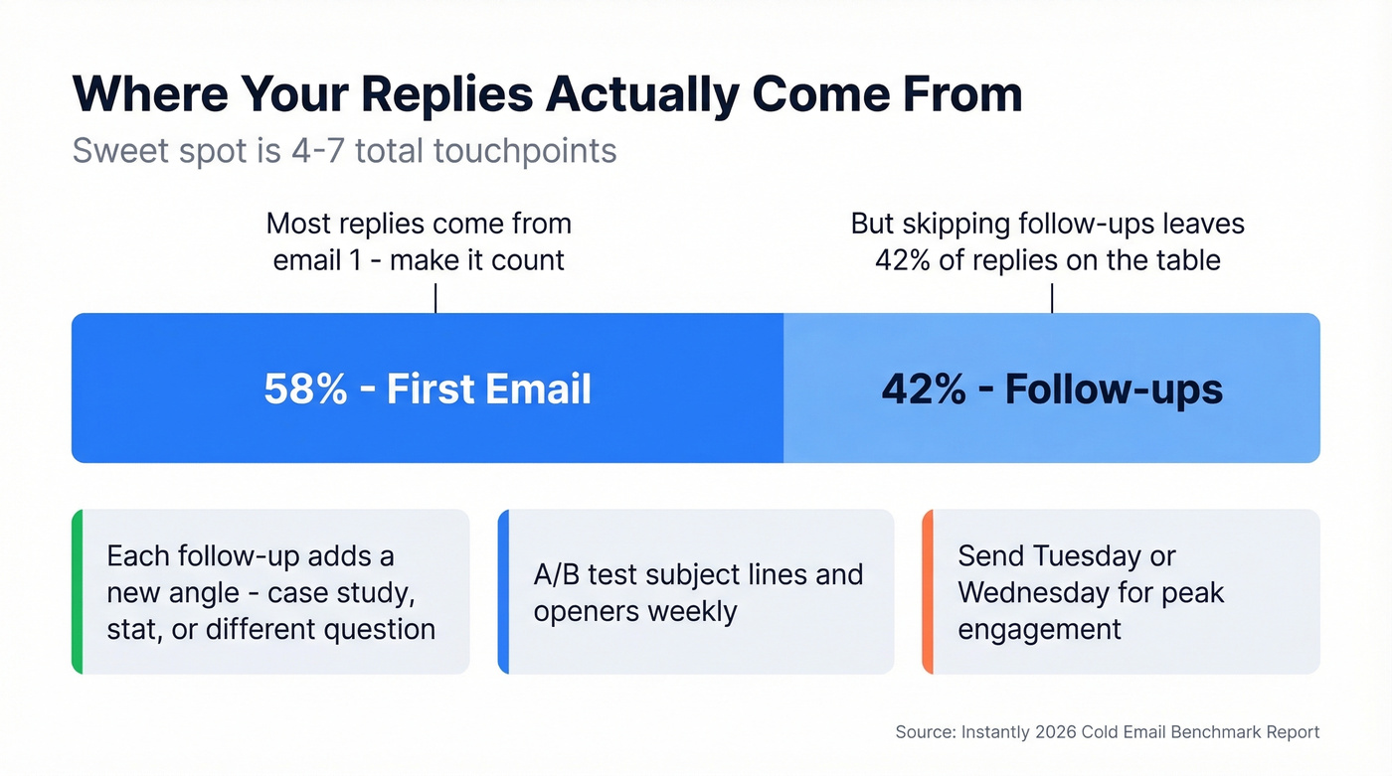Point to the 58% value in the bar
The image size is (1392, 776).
click(x=304, y=388)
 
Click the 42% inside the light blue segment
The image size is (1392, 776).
click(x=923, y=388)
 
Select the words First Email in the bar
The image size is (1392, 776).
click(x=488, y=388)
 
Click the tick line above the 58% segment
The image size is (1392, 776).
click(x=435, y=298)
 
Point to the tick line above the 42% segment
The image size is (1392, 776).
click(x=1052, y=298)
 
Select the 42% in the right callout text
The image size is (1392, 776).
click(x=903, y=260)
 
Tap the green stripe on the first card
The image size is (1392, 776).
click(x=77, y=592)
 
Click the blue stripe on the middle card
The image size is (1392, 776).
click(x=502, y=592)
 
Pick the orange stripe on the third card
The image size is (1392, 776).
click(x=927, y=592)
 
